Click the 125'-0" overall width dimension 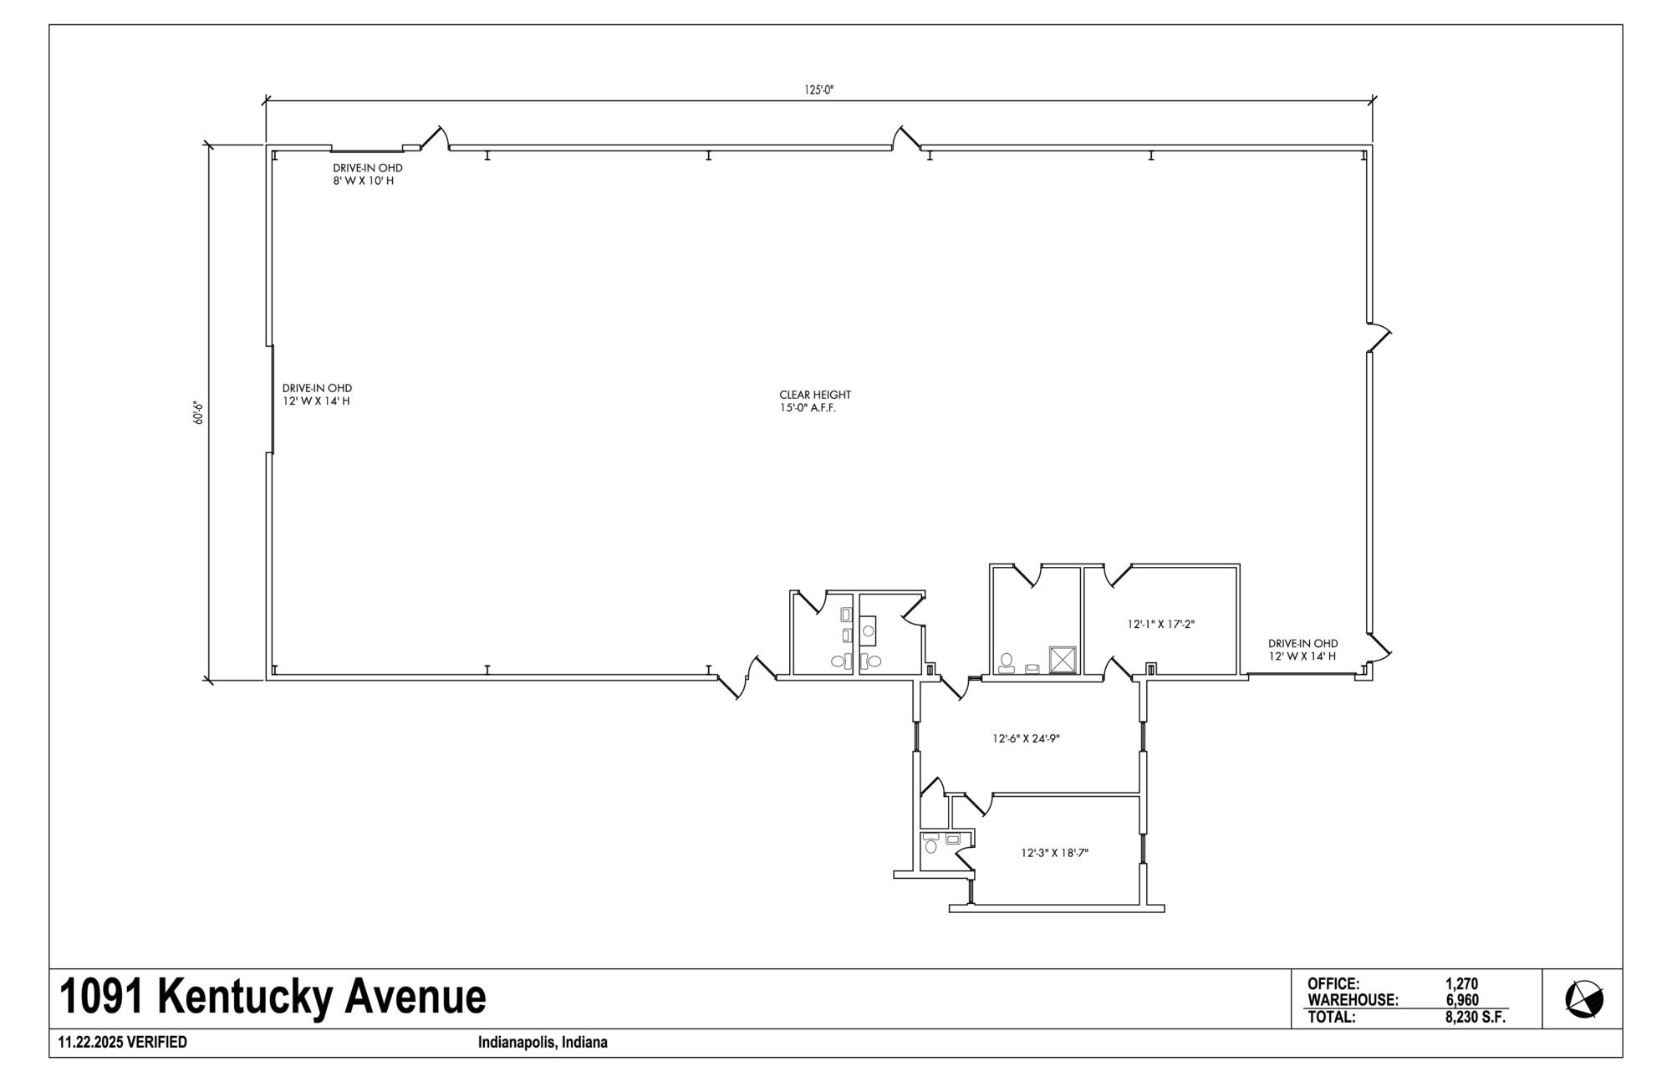819,90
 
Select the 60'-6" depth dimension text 199,412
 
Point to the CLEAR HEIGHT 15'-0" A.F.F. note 815,401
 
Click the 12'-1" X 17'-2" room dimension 1161,624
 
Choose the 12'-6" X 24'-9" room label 1026,738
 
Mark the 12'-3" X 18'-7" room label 1054,853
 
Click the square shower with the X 1063,659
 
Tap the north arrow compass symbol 1584,999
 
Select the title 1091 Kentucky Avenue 273,997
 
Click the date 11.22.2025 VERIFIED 123,1043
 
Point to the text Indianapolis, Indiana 543,1043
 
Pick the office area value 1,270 1461,984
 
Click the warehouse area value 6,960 1462,1000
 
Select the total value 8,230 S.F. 1476,1018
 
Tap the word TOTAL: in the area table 1332,1018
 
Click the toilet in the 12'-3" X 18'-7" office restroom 931,846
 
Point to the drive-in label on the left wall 317,395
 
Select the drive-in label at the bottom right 1302,650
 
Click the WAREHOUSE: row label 1353,1000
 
